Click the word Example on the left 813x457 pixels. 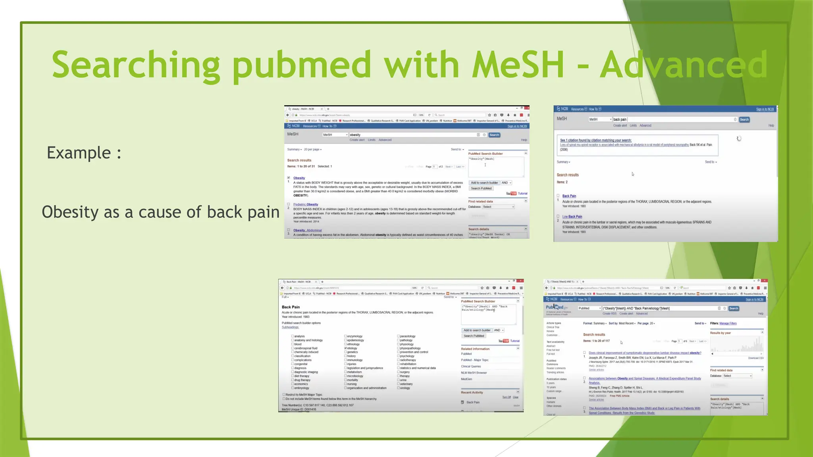(79, 153)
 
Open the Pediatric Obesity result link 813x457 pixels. (306, 204)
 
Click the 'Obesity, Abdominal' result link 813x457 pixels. (307, 230)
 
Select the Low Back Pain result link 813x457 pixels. (572, 217)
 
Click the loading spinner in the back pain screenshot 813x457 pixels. (739, 138)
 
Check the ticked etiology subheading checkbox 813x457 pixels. (345, 348)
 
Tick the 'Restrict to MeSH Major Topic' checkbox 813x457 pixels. (284, 395)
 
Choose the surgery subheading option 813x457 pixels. (398, 372)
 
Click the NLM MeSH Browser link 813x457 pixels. (474, 373)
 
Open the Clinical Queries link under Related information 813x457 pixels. (471, 366)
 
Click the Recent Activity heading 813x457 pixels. (472, 392)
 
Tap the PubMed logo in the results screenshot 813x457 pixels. (555, 307)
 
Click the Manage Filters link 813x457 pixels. (728, 323)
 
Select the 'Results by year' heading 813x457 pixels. (720, 333)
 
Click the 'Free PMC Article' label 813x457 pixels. (619, 396)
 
